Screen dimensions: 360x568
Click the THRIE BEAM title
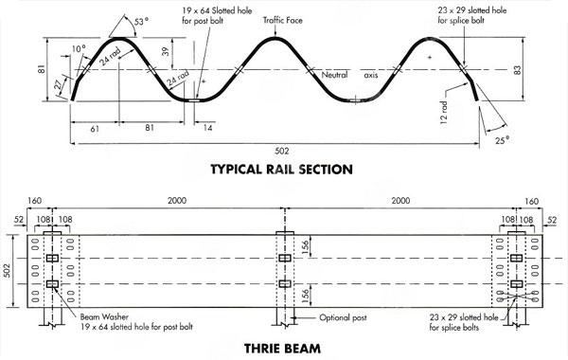click(283, 348)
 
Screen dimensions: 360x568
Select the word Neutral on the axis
click(335, 74)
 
